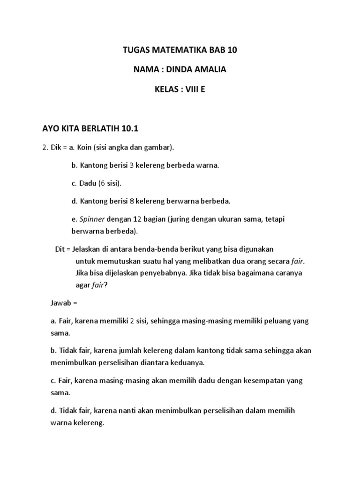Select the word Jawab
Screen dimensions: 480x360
point(60,303)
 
